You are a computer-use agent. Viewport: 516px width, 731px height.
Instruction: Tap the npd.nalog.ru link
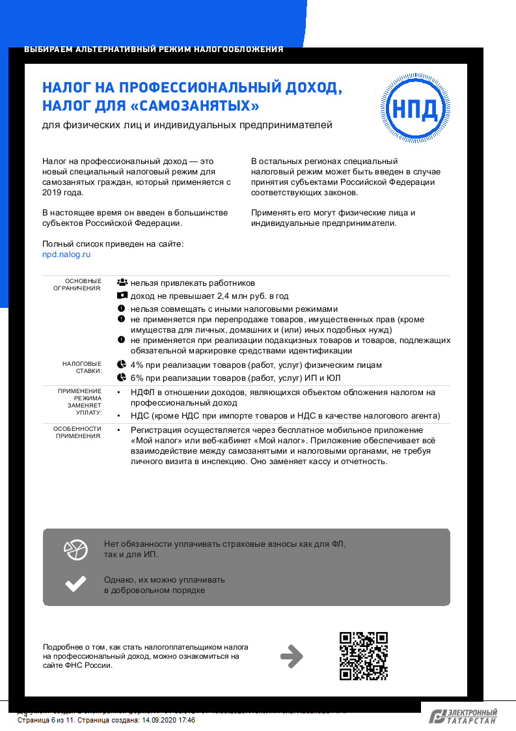(x=66, y=255)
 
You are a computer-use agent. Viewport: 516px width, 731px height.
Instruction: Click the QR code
(x=364, y=656)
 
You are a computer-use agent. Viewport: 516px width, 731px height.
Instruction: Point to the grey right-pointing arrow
(x=292, y=656)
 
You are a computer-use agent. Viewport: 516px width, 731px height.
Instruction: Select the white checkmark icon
(x=75, y=584)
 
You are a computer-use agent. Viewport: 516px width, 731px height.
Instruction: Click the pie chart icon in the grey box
(x=75, y=549)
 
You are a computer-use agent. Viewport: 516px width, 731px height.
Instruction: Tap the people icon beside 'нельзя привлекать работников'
(x=122, y=283)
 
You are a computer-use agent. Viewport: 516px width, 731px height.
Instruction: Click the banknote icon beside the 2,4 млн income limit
(x=122, y=296)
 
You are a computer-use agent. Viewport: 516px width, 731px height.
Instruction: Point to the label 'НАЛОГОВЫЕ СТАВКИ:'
(x=82, y=367)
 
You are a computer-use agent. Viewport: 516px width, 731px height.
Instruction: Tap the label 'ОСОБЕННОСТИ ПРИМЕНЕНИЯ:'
(x=77, y=432)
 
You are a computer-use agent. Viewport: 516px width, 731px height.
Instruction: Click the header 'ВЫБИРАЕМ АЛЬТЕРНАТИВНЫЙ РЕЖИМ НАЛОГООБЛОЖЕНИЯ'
(x=154, y=49)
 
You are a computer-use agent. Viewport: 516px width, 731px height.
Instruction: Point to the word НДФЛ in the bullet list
(x=143, y=393)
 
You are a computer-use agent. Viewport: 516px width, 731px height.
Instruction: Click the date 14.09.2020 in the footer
(x=158, y=721)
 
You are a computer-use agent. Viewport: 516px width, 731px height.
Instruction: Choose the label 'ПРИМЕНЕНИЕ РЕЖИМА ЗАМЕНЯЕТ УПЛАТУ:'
(x=79, y=401)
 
